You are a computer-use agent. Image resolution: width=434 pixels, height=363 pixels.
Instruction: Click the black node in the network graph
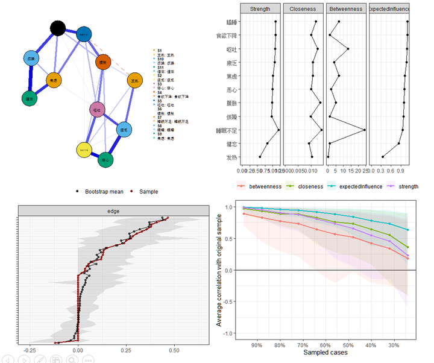57,28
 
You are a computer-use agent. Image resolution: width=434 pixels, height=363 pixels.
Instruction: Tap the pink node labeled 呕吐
97,110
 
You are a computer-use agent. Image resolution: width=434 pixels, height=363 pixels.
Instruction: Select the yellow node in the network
84,150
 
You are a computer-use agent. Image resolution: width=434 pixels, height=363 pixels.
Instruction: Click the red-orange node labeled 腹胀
103,62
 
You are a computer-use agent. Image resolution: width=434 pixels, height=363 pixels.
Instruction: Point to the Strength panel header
260,8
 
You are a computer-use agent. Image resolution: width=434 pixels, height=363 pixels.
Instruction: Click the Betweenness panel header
345,8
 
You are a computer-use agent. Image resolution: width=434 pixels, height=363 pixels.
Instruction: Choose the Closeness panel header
303,8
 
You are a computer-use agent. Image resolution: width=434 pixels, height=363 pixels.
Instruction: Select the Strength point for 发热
260,157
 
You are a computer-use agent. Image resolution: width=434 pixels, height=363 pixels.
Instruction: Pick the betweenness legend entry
260,186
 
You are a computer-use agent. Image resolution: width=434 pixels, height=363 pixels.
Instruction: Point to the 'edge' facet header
114,211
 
